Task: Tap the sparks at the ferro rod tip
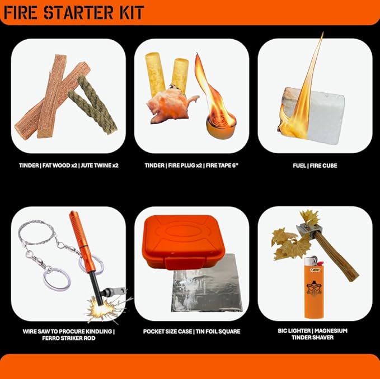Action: pyautogui.click(x=96, y=306)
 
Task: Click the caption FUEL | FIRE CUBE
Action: pyautogui.click(x=315, y=165)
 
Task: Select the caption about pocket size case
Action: pyautogui.click(x=191, y=331)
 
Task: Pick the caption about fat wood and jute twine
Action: pyautogui.click(x=68, y=165)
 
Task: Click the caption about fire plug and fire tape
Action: pyautogui.click(x=191, y=165)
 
